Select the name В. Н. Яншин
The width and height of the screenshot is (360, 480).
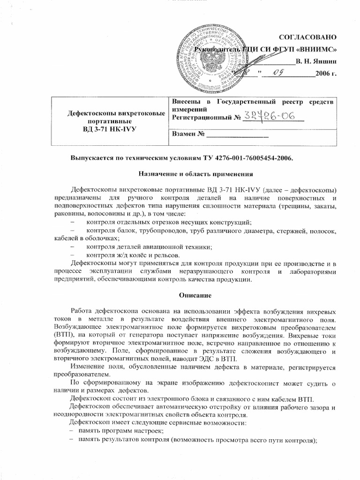tap(316, 61)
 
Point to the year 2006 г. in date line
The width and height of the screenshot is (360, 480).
tap(326, 74)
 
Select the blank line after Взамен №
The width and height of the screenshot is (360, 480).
tap(238, 136)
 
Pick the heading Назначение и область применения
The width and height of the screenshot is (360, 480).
tap(196, 174)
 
